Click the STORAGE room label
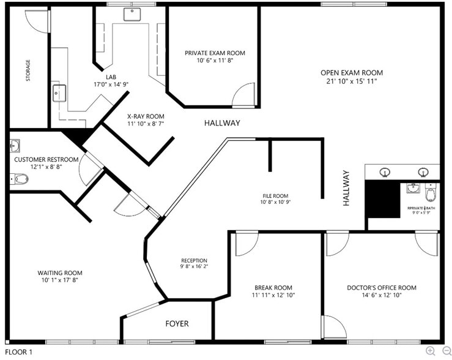[x=28, y=70]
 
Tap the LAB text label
[x=111, y=77]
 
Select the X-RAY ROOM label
[x=146, y=116]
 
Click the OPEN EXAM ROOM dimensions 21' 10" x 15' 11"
[x=352, y=81]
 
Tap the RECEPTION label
[x=193, y=260]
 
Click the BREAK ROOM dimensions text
[x=273, y=295]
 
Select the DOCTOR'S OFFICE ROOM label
[x=381, y=288]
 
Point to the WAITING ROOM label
[x=60, y=273]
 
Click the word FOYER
[x=177, y=323]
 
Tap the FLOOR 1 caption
[x=18, y=352]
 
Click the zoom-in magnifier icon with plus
[x=431, y=351]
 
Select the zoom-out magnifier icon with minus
[x=445, y=351]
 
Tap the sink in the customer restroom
[x=15, y=146]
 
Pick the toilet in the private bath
[x=431, y=193]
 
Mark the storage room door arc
[x=36, y=21]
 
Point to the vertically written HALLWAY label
[x=346, y=187]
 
